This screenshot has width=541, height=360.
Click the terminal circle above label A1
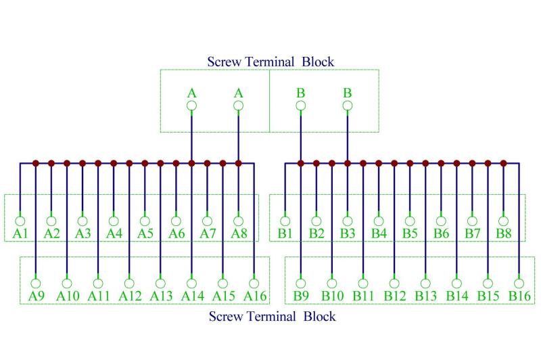pos(20,221)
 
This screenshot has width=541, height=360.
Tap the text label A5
pos(145,233)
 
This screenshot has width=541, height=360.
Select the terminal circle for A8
pos(238,221)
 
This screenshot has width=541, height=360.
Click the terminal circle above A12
pos(129,283)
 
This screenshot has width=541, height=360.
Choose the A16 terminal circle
pos(254,283)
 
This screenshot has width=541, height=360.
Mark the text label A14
pos(191,296)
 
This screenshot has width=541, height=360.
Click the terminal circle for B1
pos(285,221)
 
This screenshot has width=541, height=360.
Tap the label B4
pos(379,233)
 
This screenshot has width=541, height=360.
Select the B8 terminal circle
pos(503,221)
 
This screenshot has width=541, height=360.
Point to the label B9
pos(301,296)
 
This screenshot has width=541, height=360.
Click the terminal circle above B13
pos(425,283)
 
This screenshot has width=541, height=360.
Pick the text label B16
pos(519,296)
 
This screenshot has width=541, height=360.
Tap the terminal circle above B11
pos(363,283)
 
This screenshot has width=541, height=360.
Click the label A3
pos(83,233)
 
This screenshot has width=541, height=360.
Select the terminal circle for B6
pos(441,221)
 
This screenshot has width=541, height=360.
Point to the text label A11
pos(98,296)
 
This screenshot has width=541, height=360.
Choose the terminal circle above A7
pos(207,221)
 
